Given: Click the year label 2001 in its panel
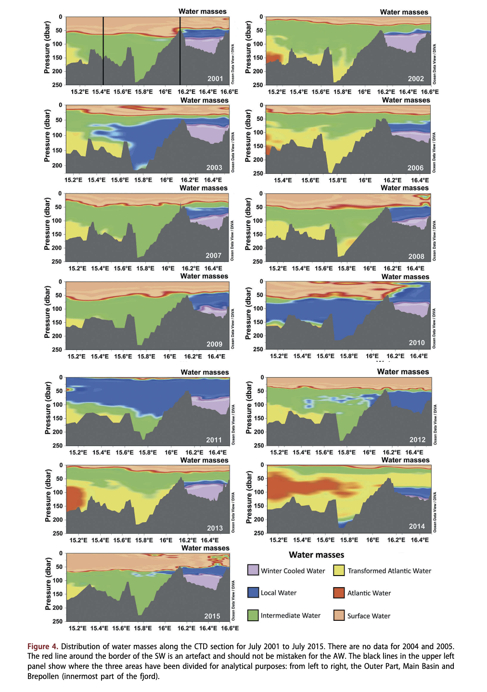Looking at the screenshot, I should [215, 78].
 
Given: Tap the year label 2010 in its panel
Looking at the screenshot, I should [417, 343].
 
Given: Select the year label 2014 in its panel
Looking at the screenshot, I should [417, 526].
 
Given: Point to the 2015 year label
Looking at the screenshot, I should [212, 616].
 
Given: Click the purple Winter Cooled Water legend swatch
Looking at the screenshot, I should [253, 570].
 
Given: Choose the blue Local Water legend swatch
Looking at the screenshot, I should [253, 592].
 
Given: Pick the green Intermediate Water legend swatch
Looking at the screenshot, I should [253, 615].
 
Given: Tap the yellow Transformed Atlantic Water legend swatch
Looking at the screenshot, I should [339, 570].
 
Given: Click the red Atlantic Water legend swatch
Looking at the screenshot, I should [339, 592].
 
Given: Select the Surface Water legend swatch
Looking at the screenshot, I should [339, 615].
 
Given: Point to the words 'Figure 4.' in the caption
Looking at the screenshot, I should [43, 646].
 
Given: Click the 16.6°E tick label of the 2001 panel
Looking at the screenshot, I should [229, 92].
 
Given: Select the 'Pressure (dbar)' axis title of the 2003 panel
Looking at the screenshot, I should [47, 136].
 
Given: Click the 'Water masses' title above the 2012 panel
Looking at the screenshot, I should [403, 372].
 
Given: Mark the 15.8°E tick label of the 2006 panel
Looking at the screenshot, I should [338, 180].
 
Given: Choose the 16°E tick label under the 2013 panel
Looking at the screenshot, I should [166, 540].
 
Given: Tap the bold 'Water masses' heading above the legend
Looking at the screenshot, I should [316, 555].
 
